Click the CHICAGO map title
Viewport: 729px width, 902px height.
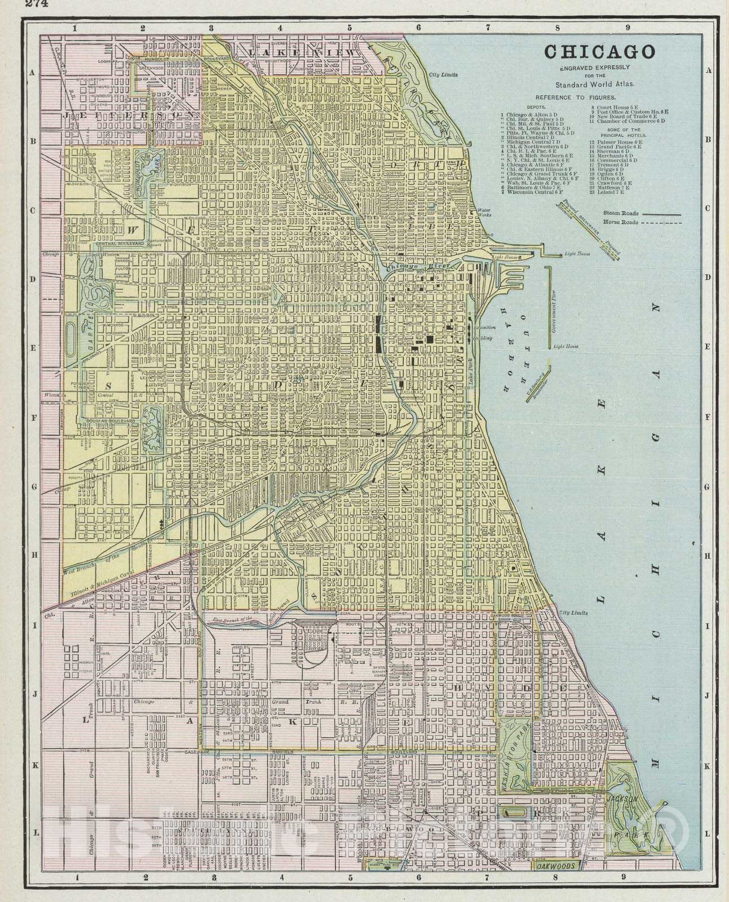599,52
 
